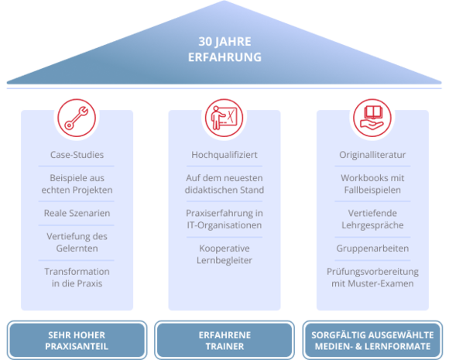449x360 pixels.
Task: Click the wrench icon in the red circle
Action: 77,118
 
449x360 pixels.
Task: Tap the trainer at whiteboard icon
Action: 224,118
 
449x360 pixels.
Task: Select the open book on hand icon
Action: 372,118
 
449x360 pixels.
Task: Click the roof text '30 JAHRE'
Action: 224,42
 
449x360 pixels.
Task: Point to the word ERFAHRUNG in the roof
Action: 224,57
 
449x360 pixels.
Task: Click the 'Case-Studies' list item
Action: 77,155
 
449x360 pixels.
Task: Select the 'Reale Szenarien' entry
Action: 77,213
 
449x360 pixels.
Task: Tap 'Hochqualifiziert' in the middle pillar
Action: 224,155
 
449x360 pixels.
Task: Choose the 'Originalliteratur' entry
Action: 372,155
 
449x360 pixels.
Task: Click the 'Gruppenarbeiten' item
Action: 372,249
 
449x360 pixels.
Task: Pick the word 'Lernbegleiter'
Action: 224,261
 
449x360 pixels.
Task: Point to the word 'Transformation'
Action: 77,272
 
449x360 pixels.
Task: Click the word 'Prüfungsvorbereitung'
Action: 372,272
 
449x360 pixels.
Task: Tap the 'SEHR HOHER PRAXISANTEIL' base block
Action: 77,340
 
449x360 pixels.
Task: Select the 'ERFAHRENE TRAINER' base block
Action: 224,340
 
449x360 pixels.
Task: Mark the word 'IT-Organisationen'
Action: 224,225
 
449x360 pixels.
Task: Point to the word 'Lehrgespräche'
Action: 372,225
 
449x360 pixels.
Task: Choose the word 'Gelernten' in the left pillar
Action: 77,249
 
